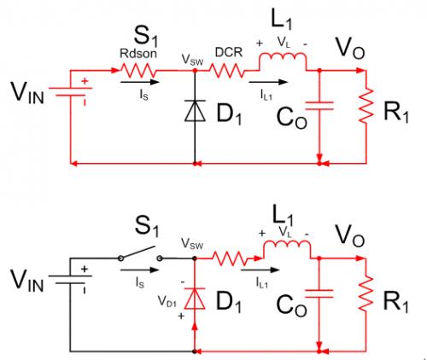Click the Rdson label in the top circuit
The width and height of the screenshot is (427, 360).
pos(138,53)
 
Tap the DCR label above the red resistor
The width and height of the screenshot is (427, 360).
pos(229,52)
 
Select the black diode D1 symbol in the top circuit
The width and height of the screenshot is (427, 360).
pos(195,111)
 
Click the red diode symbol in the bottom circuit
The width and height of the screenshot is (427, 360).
pos(195,299)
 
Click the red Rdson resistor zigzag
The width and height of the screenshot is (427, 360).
pos(138,70)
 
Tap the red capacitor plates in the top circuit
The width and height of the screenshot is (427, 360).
pos(319,106)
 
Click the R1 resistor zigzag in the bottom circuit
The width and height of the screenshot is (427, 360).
pos(366,293)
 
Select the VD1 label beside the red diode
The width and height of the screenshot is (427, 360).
pos(167,301)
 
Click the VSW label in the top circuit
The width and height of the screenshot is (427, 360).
pos(192,60)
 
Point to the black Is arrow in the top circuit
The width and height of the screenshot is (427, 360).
pos(139,82)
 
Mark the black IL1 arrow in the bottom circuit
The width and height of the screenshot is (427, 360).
pos(260,270)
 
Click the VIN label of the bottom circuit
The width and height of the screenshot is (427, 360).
pos(27,280)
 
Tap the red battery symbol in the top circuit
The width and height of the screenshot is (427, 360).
pos(70,91)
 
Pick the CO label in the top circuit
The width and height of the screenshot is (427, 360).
pos(292,119)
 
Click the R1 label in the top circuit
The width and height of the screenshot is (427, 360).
pos(396,113)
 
